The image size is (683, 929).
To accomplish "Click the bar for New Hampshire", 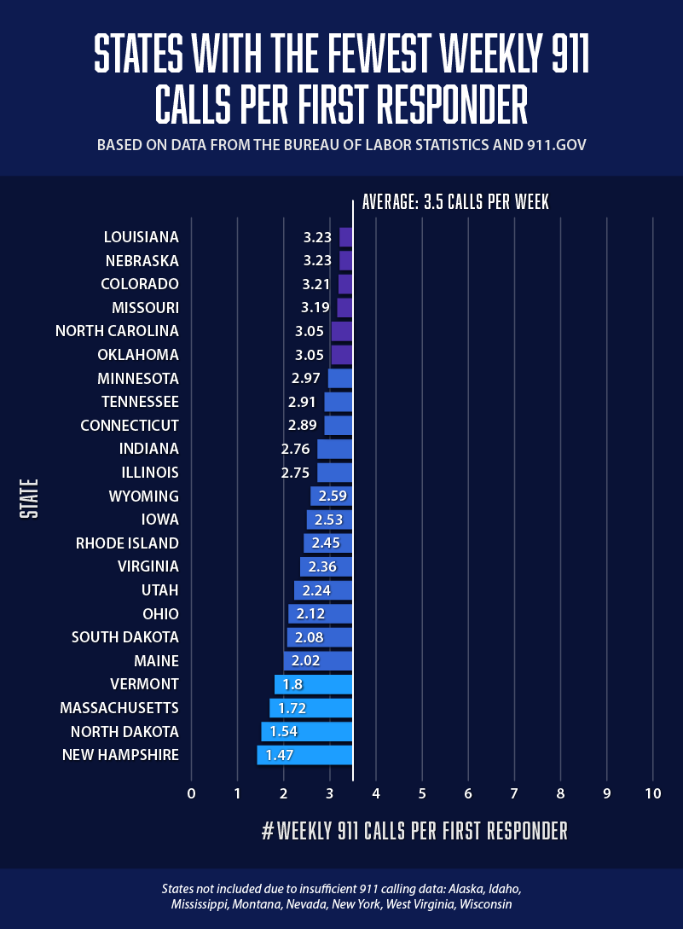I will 304,755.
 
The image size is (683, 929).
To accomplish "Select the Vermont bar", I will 313,684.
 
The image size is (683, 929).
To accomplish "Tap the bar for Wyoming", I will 331,496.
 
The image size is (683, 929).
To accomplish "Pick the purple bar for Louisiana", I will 345,237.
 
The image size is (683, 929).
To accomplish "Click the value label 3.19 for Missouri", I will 316,307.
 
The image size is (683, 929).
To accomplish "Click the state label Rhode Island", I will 127,543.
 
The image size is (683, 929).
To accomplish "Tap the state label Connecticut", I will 130,425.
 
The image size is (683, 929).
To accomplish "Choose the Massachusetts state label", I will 119,708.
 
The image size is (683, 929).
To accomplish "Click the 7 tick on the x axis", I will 514,793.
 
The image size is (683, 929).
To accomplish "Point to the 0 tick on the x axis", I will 191,793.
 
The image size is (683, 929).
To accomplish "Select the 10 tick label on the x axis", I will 652,793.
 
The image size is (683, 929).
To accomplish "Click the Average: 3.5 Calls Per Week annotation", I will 455,202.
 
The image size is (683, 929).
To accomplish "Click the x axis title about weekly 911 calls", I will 414,831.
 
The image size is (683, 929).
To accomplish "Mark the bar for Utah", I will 323,590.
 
